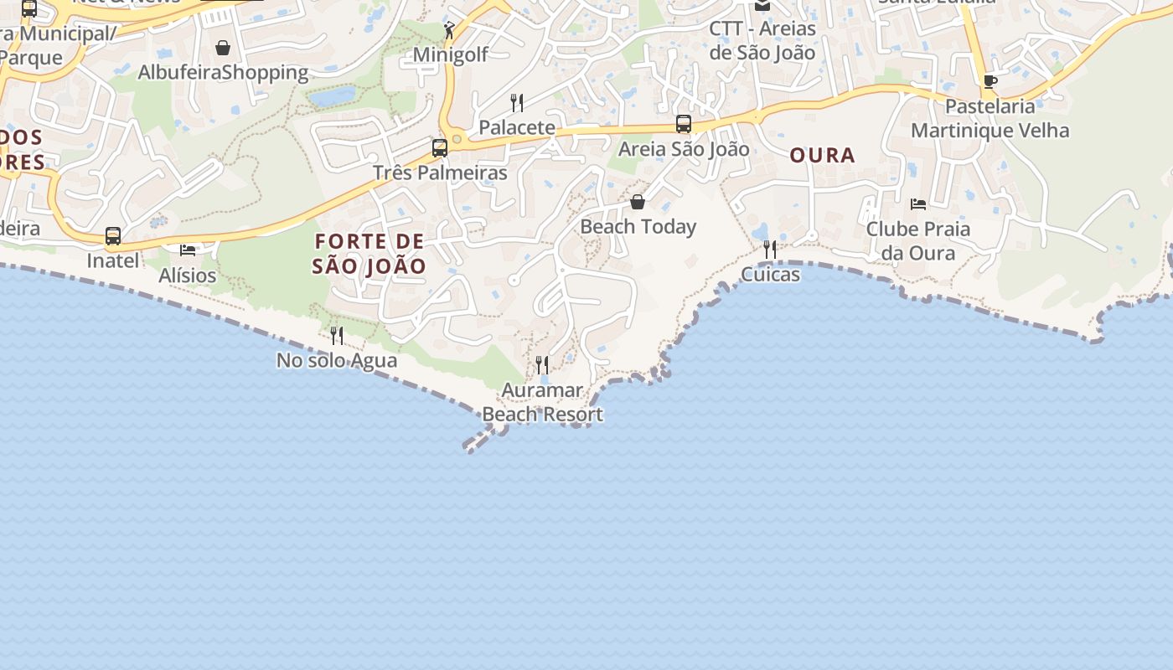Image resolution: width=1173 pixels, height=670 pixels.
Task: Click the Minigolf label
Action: [450, 55]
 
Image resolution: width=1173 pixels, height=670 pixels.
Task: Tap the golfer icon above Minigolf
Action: [450, 30]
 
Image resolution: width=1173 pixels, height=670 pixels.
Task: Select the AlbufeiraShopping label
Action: [223, 73]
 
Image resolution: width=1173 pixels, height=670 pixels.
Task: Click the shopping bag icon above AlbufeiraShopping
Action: [223, 48]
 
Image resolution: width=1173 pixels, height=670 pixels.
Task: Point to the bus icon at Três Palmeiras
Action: [440, 148]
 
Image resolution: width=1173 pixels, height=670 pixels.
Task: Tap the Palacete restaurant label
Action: [517, 128]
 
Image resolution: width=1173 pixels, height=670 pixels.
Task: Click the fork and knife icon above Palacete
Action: [517, 103]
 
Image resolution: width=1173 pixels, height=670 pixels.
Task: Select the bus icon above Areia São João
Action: [684, 124]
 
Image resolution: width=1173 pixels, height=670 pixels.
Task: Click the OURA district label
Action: [823, 155]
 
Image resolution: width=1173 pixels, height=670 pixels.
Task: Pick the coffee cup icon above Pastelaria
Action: [990, 81]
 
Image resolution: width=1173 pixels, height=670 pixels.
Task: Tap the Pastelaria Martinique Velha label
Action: [990, 118]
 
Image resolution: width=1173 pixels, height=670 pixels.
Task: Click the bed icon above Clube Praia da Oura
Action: [918, 204]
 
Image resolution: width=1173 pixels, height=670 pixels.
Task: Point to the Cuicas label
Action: [770, 275]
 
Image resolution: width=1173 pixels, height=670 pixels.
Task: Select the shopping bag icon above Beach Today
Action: [638, 202]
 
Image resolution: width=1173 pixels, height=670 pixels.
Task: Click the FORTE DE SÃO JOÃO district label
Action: [369, 254]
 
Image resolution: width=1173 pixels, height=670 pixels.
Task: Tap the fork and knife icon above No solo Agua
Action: [337, 336]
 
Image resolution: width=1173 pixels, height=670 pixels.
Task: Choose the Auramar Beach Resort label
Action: [542, 402]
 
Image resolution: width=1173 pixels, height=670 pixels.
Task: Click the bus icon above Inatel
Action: [113, 236]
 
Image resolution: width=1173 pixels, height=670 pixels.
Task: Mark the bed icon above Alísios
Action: [188, 250]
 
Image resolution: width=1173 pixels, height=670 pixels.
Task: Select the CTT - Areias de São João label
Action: [762, 40]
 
